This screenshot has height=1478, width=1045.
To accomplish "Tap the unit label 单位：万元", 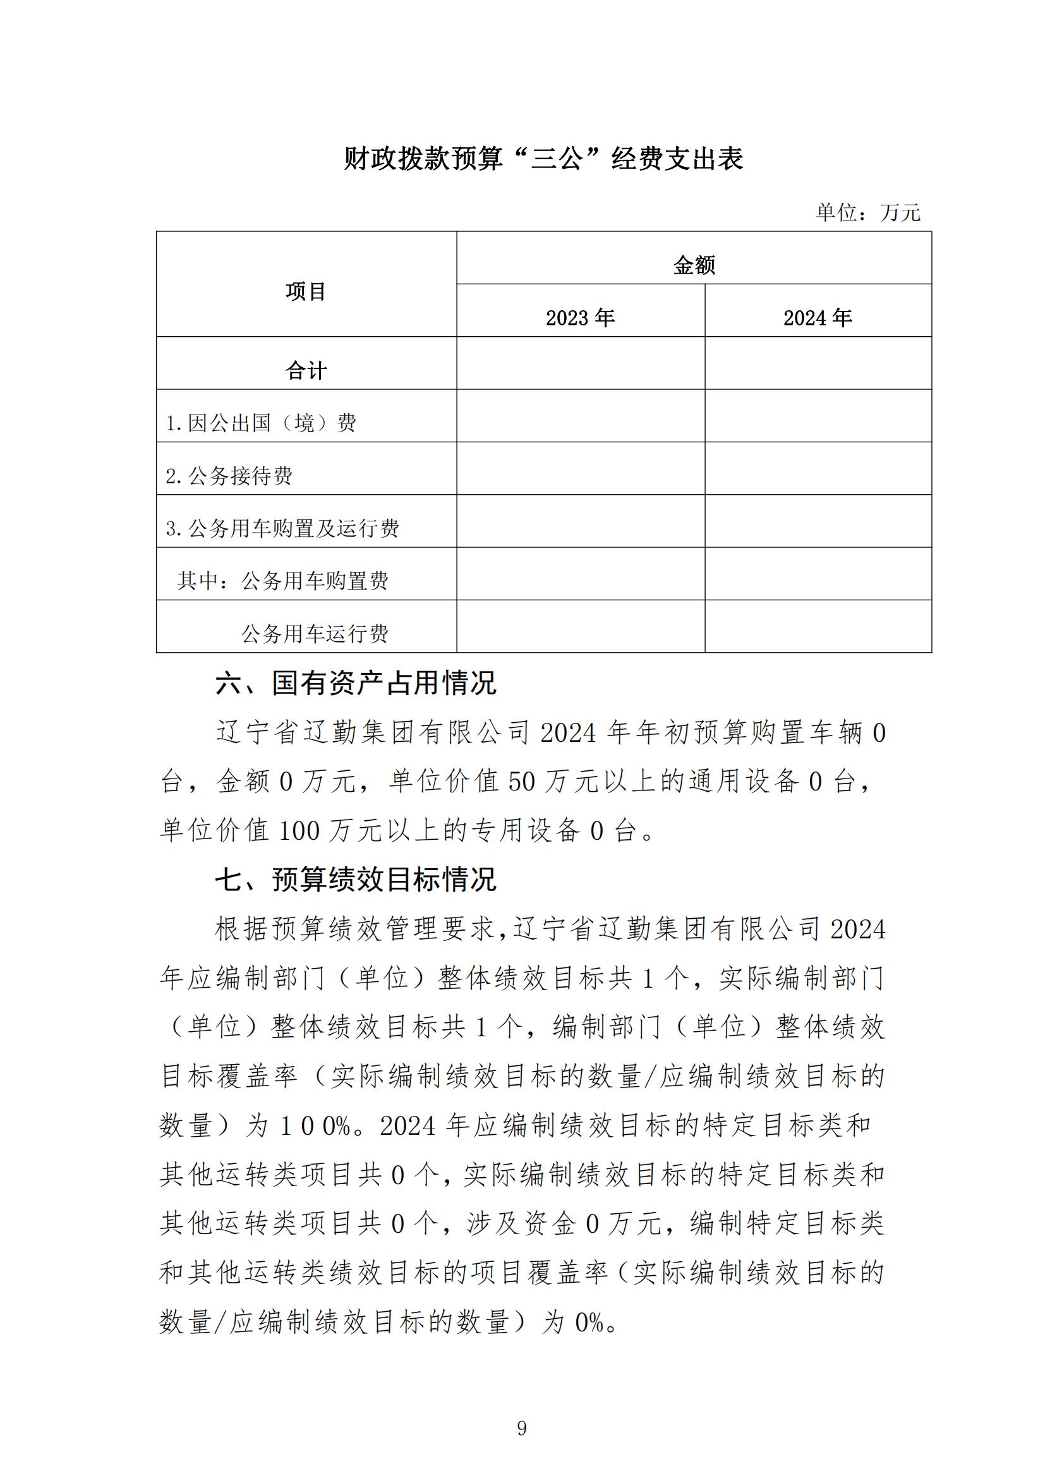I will tap(868, 212).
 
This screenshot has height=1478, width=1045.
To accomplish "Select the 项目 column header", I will tap(306, 291).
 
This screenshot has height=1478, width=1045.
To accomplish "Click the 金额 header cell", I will tap(694, 265).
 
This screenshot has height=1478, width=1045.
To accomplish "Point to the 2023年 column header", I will tap(581, 317).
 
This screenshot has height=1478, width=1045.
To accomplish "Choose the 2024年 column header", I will tap(817, 317).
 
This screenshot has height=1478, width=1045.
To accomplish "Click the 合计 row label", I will tap(306, 370).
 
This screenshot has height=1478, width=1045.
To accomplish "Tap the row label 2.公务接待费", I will tap(229, 476).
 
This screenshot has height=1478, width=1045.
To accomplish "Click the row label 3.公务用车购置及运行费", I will tap(282, 528).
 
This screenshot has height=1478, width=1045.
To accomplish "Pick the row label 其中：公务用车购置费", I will tap(282, 581).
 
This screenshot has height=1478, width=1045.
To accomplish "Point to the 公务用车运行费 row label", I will tap(315, 634).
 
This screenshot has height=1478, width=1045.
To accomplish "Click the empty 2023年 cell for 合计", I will tap(581, 363).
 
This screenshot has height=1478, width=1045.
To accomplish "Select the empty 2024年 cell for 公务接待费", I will tap(818, 468).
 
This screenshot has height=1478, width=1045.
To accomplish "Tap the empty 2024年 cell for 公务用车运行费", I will tap(818, 626).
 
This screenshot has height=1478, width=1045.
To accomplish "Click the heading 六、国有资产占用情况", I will tap(356, 683).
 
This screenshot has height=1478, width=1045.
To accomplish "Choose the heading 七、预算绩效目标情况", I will tap(356, 880).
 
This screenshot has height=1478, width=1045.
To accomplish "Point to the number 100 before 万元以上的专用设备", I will tap(299, 831).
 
